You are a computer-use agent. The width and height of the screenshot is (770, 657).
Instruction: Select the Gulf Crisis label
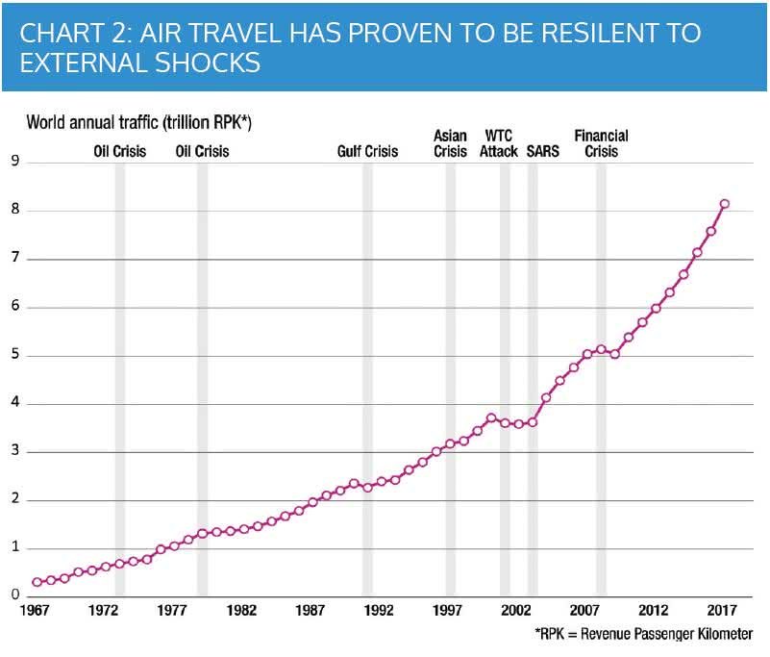click(367, 151)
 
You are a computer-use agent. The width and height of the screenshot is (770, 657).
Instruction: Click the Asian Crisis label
click(450, 143)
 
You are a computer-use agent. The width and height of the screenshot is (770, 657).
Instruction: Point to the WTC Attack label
click(499, 143)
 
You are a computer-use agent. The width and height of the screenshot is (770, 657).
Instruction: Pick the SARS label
click(542, 151)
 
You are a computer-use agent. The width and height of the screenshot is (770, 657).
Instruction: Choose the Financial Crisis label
click(601, 143)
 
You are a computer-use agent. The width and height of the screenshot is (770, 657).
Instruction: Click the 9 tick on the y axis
click(15, 161)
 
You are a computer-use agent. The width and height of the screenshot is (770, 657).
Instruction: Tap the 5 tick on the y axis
click(15, 354)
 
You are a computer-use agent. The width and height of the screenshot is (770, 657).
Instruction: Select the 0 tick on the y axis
click(15, 594)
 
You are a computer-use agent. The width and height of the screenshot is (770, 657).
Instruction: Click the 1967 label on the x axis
click(35, 610)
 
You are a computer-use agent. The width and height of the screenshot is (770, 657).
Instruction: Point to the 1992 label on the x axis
click(378, 610)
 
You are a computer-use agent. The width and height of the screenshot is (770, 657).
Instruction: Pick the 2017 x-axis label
click(722, 610)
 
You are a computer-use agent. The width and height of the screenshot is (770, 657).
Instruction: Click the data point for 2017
click(724, 204)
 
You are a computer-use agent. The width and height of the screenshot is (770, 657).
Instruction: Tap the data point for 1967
click(37, 582)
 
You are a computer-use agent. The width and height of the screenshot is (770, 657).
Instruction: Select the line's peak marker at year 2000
click(491, 418)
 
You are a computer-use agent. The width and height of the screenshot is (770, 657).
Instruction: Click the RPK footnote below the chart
click(644, 634)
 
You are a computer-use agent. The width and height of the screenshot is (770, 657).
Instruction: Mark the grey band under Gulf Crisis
click(367, 379)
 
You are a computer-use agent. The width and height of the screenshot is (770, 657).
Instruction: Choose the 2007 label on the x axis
click(584, 610)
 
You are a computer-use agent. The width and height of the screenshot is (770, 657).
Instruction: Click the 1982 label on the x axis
click(241, 610)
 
